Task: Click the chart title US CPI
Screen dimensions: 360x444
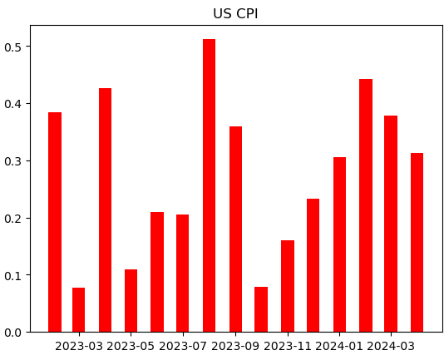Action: point(235,13)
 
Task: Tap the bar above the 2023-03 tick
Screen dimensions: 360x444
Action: point(79,310)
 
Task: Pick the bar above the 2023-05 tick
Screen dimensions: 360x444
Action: point(131,301)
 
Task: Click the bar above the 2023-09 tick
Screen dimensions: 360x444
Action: point(235,229)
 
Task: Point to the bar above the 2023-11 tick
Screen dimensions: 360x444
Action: point(288,286)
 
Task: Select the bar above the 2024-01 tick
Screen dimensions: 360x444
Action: point(339,244)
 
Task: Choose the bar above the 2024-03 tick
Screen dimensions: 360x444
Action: point(391,224)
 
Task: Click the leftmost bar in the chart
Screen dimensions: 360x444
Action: point(55,222)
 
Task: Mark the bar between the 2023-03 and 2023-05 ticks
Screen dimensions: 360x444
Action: point(106,210)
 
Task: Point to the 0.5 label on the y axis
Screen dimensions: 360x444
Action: point(14,47)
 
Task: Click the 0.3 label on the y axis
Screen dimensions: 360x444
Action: point(14,161)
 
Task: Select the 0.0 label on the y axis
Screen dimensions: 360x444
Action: point(14,333)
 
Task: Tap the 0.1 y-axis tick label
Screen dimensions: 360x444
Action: point(14,275)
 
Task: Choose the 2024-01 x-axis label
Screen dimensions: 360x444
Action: point(339,345)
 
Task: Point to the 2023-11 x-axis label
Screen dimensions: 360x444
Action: point(288,345)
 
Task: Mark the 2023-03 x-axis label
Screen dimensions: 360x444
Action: point(79,345)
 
